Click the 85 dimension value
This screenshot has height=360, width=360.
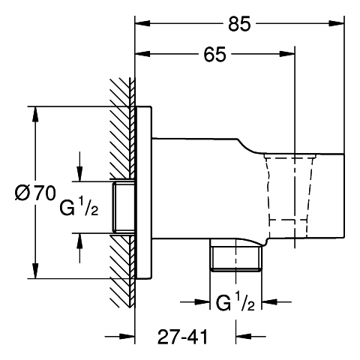239,24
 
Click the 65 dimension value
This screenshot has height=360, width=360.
214,54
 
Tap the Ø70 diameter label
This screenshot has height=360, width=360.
35,193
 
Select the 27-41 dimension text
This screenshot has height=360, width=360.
182,337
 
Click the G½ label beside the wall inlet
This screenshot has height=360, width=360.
79,205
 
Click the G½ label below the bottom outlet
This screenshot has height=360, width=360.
235,301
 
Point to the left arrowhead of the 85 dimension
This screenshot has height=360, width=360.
142,23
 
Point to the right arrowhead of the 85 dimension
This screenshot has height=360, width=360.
337,23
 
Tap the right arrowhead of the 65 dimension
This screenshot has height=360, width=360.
287,54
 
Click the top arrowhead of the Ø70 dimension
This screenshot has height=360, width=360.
36,115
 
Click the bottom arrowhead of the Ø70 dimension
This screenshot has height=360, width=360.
36,271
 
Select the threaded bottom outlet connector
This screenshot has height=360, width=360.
235,255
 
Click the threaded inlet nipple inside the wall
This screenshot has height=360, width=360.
124,207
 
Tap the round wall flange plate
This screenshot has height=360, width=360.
143,193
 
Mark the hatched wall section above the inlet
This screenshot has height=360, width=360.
122,129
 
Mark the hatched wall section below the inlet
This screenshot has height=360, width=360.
122,271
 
